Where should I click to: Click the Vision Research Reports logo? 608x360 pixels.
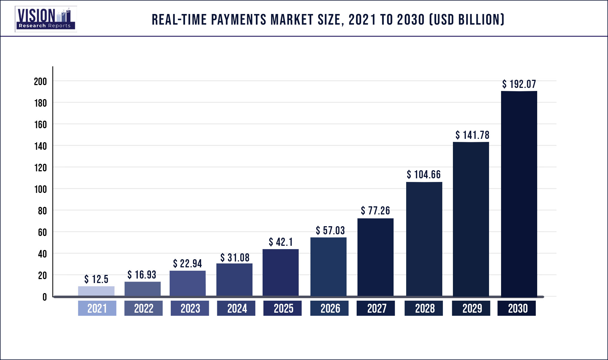tap(46, 19)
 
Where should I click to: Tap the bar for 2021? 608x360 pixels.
tap(96, 291)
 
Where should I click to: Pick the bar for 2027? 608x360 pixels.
tap(375, 257)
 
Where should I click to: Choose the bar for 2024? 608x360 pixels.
tap(234, 279)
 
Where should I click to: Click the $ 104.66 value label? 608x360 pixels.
tap(424, 174)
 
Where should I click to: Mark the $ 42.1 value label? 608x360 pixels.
tap(280, 242)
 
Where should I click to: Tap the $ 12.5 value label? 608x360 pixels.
tap(96, 279)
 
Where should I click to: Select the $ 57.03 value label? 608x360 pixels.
tap(330, 230)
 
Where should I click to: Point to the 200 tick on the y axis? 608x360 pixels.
tap(40, 81)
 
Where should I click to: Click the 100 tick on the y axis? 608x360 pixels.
tap(40, 189)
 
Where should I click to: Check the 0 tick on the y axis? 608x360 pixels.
tap(45, 297)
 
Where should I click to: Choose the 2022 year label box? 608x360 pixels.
tap(143, 308)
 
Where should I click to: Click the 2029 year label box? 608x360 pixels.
tap(471, 308)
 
